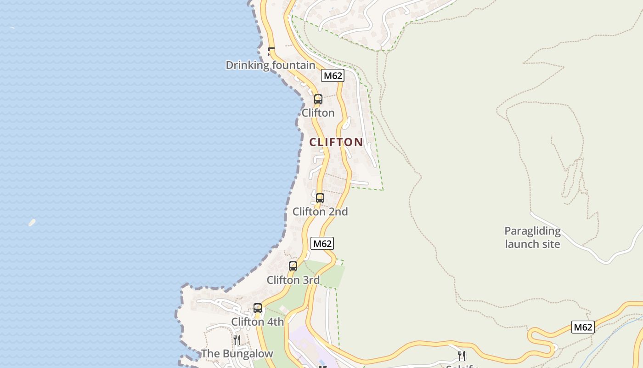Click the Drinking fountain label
tap(270, 65)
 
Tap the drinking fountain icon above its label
tap(271, 51)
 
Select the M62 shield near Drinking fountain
tap(333, 75)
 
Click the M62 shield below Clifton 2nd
tap(322, 243)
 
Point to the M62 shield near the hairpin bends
tap(583, 327)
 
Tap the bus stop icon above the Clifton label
tap(318, 99)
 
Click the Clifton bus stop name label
tap(318, 113)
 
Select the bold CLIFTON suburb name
tap(336, 142)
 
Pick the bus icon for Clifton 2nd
tap(320, 198)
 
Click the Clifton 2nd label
tap(320, 212)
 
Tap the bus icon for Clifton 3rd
tap(293, 266)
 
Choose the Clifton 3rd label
tap(293, 280)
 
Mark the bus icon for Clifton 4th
tap(258, 308)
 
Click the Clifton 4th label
tap(257, 322)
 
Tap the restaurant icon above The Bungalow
tap(237, 340)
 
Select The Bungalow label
tap(237, 354)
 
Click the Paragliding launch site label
tap(532, 237)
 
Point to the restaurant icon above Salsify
tap(462, 356)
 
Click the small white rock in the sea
tap(32, 223)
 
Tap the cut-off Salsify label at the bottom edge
tap(462, 366)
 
